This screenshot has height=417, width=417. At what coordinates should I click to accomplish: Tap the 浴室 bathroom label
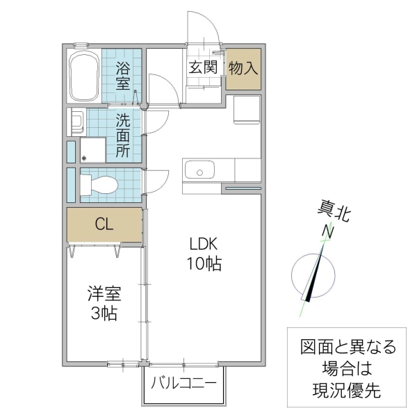click(x=122, y=76)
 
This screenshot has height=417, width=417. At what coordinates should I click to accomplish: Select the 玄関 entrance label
click(x=203, y=67)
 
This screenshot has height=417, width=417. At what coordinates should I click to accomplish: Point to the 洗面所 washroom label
click(x=122, y=136)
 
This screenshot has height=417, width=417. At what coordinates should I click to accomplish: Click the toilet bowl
click(x=101, y=184)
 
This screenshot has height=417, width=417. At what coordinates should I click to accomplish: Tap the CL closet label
click(x=104, y=224)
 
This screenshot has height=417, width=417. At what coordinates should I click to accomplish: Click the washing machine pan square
click(x=92, y=150)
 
